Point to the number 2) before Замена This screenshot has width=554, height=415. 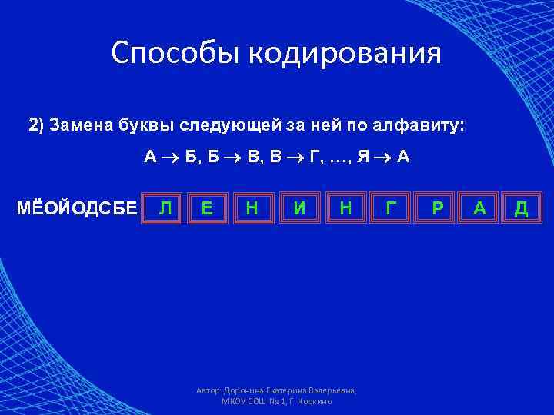[x=37, y=125]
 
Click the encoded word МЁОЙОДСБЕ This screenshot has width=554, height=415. [x=77, y=208]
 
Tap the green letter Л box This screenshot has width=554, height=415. [x=164, y=207]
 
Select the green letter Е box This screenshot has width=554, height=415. [x=206, y=207]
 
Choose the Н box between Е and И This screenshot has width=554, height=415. [x=251, y=207]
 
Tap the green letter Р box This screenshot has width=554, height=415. [x=437, y=207]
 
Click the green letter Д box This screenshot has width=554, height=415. [x=521, y=207]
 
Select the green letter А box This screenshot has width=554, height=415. [x=479, y=207]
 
